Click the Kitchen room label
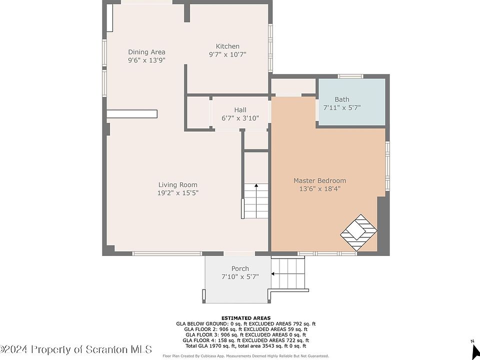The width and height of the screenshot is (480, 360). point(227,46)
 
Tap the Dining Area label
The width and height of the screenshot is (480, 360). point(146,52)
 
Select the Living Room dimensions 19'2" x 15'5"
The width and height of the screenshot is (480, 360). point(178,193)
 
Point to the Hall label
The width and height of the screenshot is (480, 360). point(240,110)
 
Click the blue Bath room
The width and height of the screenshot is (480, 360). point(351,102)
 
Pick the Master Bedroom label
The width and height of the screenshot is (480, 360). point(320,180)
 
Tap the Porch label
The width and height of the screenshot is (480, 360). point(240,269)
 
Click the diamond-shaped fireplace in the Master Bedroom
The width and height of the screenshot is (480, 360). point(358,232)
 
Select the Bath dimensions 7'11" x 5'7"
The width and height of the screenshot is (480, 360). point(342,107)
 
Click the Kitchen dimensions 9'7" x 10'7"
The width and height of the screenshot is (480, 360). point(227,54)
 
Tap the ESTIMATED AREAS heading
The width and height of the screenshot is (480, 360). point(246,318)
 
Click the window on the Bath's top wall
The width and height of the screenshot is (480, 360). point(350,76)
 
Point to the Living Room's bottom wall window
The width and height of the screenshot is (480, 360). point(167,253)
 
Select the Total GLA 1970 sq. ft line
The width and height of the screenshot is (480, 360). point(246,346)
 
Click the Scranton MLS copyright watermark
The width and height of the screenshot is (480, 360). point(76,349)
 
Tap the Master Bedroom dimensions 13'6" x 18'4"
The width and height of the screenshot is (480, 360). point(320,189)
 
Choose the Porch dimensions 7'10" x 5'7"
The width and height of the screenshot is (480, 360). point(240,276)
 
